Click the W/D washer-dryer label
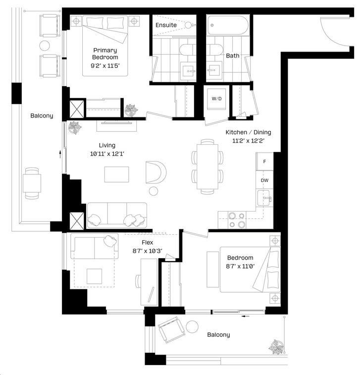coord(216,99)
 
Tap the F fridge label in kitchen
coord(264,161)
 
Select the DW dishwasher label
coord(264,180)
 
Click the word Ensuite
coord(166,25)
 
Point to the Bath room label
coord(233,55)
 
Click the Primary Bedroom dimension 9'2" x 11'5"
coord(105,65)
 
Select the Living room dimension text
coord(107,154)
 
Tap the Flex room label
coord(147,242)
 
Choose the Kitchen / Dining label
coord(249,132)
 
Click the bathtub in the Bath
coord(228,25)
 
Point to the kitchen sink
coord(264,198)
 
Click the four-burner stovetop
coord(237,220)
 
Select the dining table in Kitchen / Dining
coord(207,166)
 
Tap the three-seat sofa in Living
coord(117,215)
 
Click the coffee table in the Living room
coord(117,174)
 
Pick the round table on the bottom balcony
coord(192,326)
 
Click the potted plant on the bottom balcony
coord(276,347)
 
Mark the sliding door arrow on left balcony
coord(60,154)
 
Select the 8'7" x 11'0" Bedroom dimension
coord(241,266)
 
